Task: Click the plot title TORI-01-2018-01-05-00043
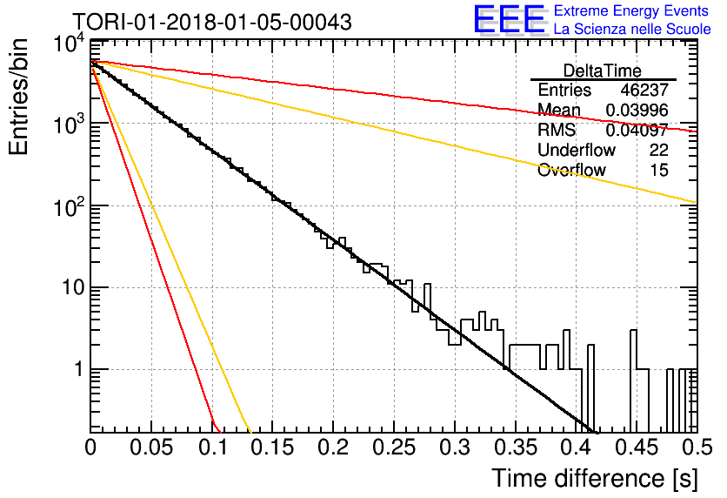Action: (212, 22)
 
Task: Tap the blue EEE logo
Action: (509, 19)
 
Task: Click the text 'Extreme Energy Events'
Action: (631, 10)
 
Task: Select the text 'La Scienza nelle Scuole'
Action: (632, 30)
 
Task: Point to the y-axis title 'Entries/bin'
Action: (18, 97)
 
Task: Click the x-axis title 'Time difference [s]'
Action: (595, 478)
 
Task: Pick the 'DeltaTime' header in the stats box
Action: (602, 71)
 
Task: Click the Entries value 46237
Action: (644, 90)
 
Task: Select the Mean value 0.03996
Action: (637, 110)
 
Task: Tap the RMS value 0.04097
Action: (637, 130)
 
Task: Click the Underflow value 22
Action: (658, 150)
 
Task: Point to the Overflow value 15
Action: (659, 170)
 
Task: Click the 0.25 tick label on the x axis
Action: (394, 448)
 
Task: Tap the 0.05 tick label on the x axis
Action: (151, 448)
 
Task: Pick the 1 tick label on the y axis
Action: (79, 370)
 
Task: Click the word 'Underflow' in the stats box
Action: (577, 150)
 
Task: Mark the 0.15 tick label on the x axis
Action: (273, 448)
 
